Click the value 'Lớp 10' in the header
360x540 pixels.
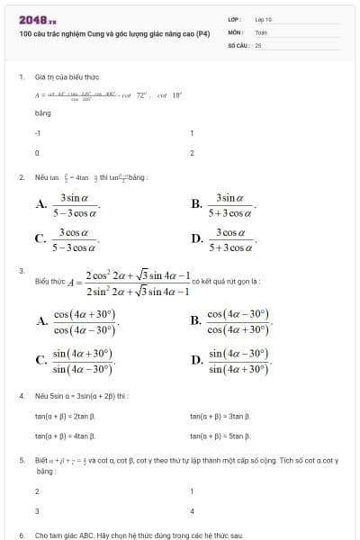point(264,19)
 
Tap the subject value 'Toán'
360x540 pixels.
point(262,31)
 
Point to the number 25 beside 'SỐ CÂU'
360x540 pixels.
point(257,43)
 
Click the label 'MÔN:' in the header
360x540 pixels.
point(235,31)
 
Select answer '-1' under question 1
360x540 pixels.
point(37,132)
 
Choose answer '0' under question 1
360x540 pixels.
point(36,153)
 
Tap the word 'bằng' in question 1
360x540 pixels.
point(42,113)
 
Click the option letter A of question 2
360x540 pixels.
point(40,205)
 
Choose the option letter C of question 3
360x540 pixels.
point(40,361)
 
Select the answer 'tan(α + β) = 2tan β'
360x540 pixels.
point(65,416)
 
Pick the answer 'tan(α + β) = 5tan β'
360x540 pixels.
point(220,436)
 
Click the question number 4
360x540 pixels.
point(21,396)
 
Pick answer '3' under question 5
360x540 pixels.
point(37,511)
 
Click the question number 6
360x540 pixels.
point(21,535)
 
